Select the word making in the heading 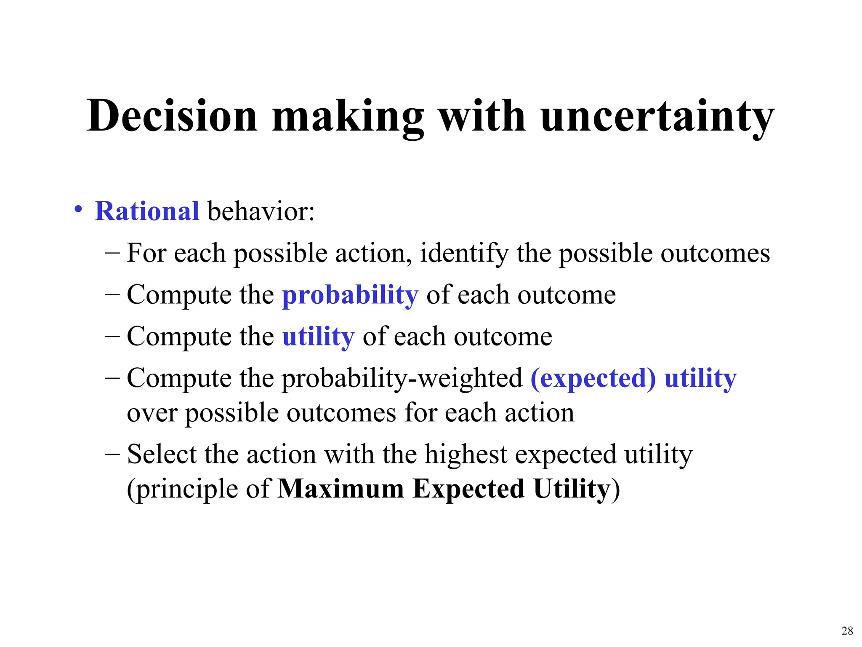pyautogui.click(x=348, y=116)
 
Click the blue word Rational pyautogui.click(x=147, y=211)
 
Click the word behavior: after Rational pyautogui.click(x=261, y=211)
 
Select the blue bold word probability pyautogui.click(x=350, y=295)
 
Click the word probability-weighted pyautogui.click(x=402, y=378)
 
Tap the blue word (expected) pyautogui.click(x=593, y=378)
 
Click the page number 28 pyautogui.click(x=847, y=631)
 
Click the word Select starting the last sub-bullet pyautogui.click(x=162, y=455)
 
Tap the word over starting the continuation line pyautogui.click(x=152, y=413)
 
